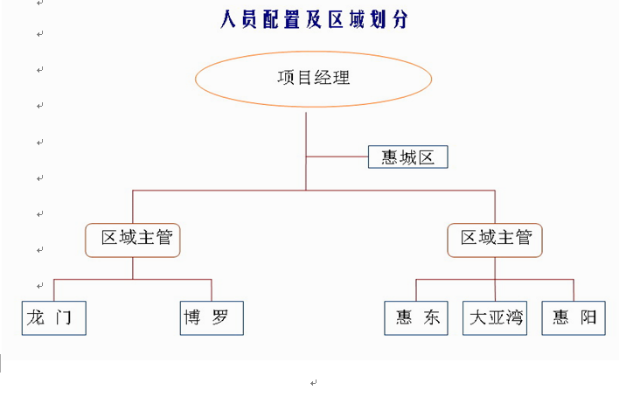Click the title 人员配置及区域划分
point(314,19)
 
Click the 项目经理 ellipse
point(313,78)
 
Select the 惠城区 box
point(407,157)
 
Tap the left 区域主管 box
point(133,239)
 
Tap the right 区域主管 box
point(495,239)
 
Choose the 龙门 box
point(53,317)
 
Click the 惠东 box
point(416,317)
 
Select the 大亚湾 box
point(496,317)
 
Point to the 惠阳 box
point(573,317)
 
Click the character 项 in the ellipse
point(286,78)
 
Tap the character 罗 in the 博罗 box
point(221,317)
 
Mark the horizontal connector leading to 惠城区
point(337,157)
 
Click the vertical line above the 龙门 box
point(54,289)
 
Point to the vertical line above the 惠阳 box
point(574,289)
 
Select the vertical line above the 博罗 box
point(212,289)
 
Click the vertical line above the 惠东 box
point(416,289)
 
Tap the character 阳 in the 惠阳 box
point(588,317)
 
